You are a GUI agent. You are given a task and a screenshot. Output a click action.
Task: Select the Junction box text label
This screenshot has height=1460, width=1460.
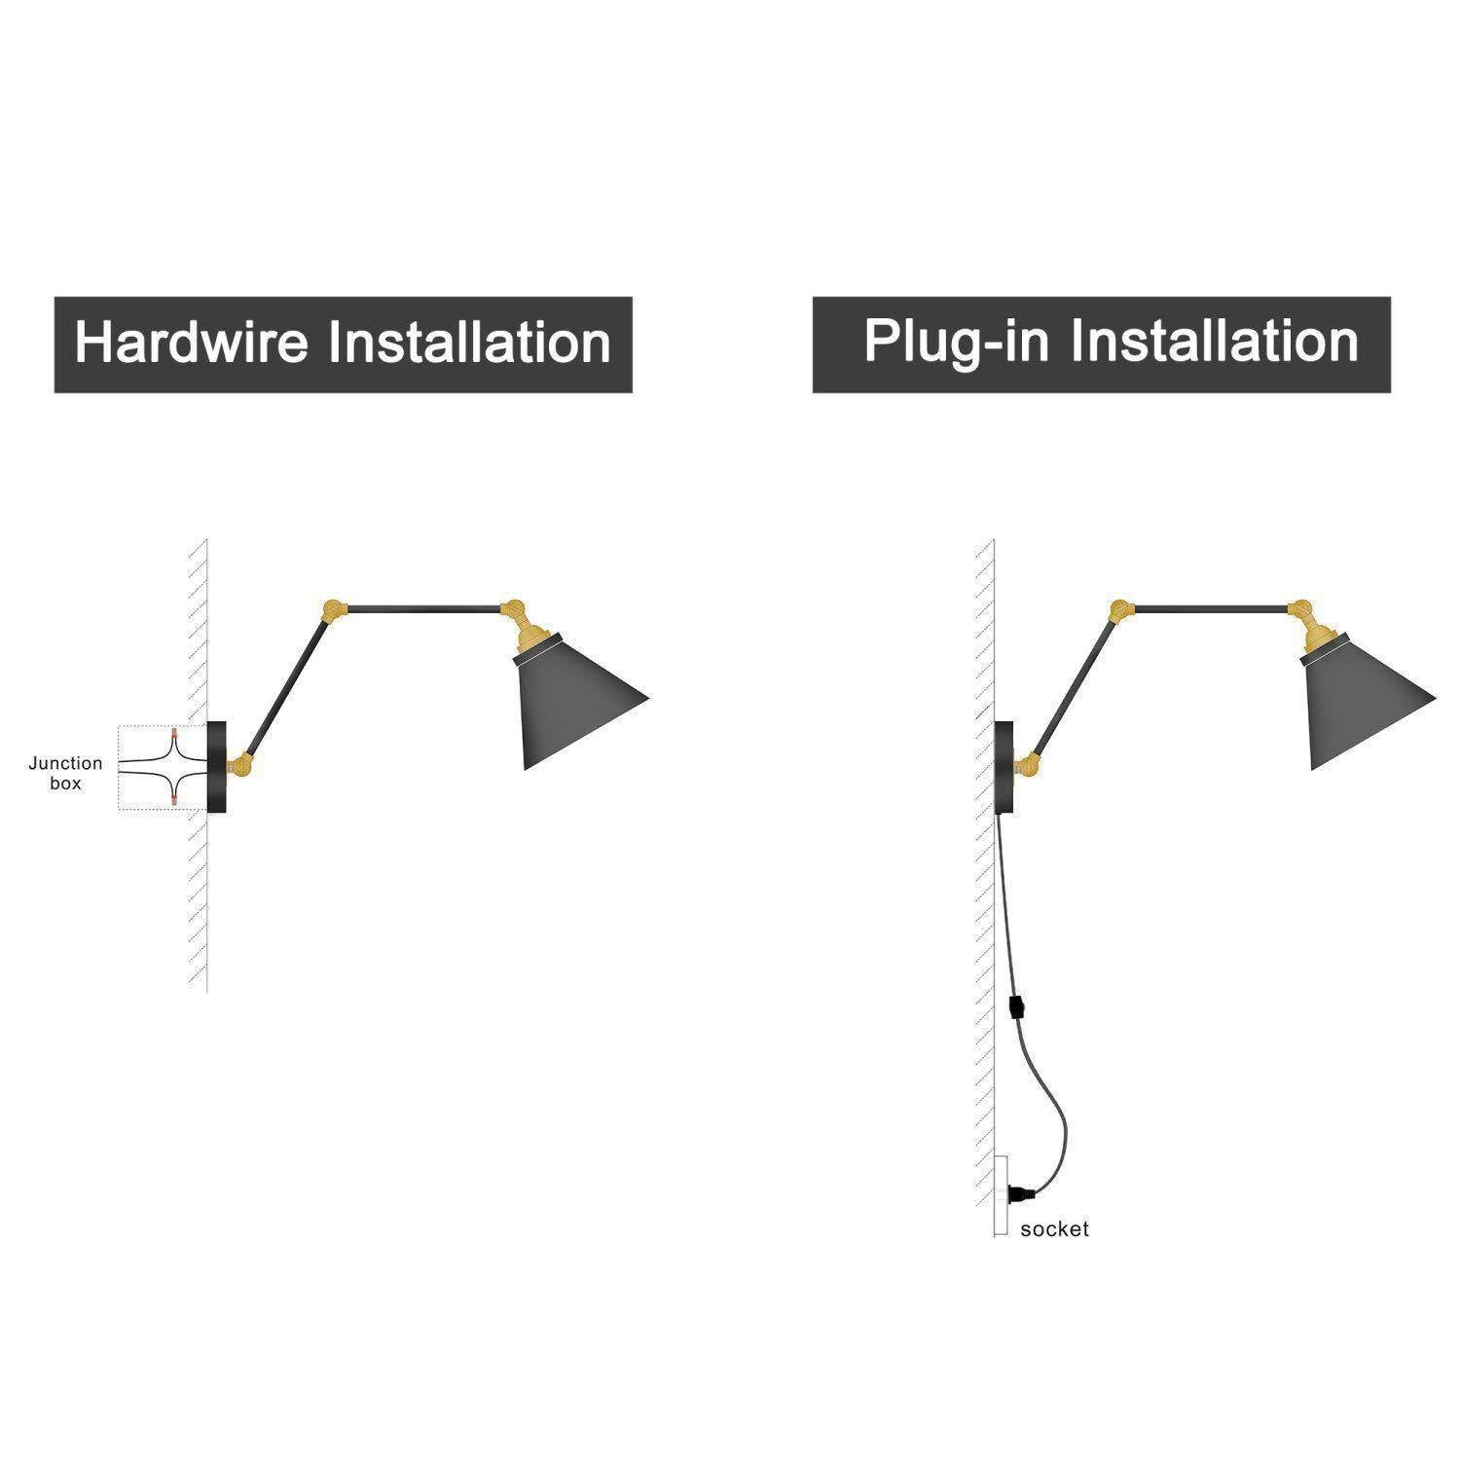coord(65,773)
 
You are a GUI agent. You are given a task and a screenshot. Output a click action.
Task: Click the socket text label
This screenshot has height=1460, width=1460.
coord(1054,1229)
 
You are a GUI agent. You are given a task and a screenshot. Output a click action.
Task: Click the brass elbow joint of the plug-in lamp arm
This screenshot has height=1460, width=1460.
coord(1122,611)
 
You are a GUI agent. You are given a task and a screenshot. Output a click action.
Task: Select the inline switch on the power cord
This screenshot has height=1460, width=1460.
coord(1016,1005)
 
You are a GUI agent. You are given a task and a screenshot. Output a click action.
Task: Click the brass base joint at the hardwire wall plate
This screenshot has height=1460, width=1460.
coord(243,765)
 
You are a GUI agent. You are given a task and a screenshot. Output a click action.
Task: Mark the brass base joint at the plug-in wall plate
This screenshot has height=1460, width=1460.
coord(1030,765)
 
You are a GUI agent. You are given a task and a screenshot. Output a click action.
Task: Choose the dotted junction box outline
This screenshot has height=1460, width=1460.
coord(163,768)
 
